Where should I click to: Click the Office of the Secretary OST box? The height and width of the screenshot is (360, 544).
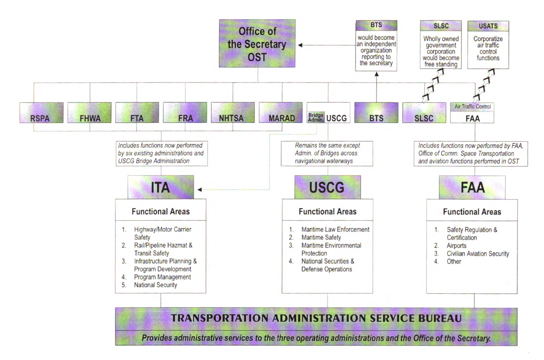point(257,43)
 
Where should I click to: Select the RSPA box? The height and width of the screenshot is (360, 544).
point(41,113)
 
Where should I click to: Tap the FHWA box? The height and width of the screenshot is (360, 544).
point(89,113)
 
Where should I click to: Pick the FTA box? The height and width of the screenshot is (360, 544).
point(137,113)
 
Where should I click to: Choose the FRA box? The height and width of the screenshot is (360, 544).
point(185,113)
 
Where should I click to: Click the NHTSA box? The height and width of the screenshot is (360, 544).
point(233,113)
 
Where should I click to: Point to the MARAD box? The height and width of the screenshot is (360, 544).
point(281,113)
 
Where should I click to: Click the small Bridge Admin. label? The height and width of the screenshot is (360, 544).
point(316,118)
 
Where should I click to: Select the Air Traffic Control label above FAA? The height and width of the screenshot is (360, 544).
point(472,107)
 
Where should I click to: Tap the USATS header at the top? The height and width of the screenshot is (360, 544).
point(488,26)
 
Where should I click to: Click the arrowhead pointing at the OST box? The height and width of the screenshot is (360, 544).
point(300,45)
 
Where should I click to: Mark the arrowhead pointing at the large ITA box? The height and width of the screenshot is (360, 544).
point(199,190)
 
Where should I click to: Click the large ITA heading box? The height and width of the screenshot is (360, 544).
point(161,187)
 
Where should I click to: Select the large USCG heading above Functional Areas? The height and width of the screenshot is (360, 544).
point(327,187)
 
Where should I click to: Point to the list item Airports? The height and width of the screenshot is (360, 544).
point(456,246)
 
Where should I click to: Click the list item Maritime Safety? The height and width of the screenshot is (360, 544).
point(321,238)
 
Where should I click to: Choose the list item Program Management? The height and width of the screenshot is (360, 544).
point(162,277)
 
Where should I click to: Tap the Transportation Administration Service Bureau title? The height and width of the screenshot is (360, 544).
point(316,318)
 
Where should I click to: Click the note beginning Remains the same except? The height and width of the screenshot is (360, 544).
point(327,153)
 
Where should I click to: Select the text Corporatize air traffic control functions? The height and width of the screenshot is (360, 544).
point(488,48)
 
